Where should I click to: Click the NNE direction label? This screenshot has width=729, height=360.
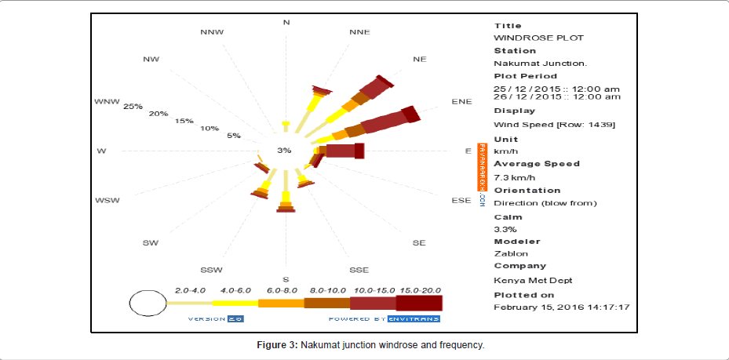pyautogui.click(x=359, y=32)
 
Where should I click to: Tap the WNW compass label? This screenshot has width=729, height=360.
pyautogui.click(x=107, y=101)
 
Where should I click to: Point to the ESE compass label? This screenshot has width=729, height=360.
pyautogui.click(x=461, y=201)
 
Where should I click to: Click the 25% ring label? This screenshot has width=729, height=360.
pyautogui.click(x=133, y=107)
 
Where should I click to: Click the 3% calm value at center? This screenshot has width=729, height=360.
pyautogui.click(x=284, y=150)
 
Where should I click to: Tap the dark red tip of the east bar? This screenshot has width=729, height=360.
pyautogui.click(x=359, y=151)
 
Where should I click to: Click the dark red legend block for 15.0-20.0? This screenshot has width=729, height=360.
pyautogui.click(x=420, y=303)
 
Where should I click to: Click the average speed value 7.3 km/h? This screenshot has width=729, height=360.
pyautogui.click(x=515, y=177)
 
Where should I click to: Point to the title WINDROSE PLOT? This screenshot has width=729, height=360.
pyautogui.click(x=538, y=38)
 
